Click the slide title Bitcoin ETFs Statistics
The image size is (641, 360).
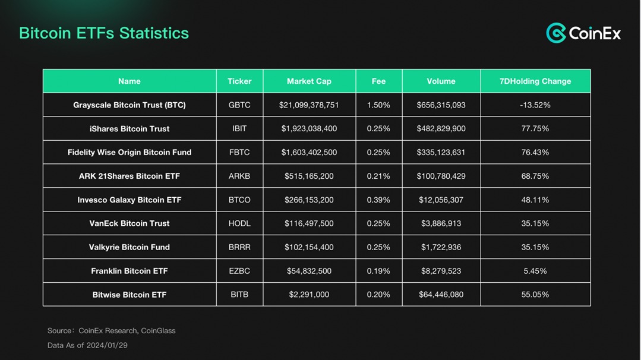(104, 33)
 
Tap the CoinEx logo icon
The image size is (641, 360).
(556, 33)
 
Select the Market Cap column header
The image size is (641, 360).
(309, 81)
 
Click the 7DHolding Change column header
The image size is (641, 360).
(535, 81)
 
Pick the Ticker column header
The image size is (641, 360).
(239, 81)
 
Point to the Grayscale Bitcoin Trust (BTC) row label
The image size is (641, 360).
(130, 105)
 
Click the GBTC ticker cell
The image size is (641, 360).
(239, 105)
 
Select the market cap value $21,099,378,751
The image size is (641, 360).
(309, 105)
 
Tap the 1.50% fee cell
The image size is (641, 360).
(378, 105)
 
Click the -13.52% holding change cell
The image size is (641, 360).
(535, 105)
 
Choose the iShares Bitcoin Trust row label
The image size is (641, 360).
(130, 129)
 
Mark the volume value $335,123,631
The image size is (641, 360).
(441, 153)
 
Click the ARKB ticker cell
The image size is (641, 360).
(239, 176)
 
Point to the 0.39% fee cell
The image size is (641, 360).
(378, 200)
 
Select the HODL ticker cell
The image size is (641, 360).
(239, 223)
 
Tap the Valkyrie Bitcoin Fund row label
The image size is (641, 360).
(130, 247)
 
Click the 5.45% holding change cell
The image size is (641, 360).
(535, 271)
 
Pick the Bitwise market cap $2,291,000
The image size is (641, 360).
(309, 295)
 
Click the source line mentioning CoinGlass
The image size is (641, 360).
(112, 331)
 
